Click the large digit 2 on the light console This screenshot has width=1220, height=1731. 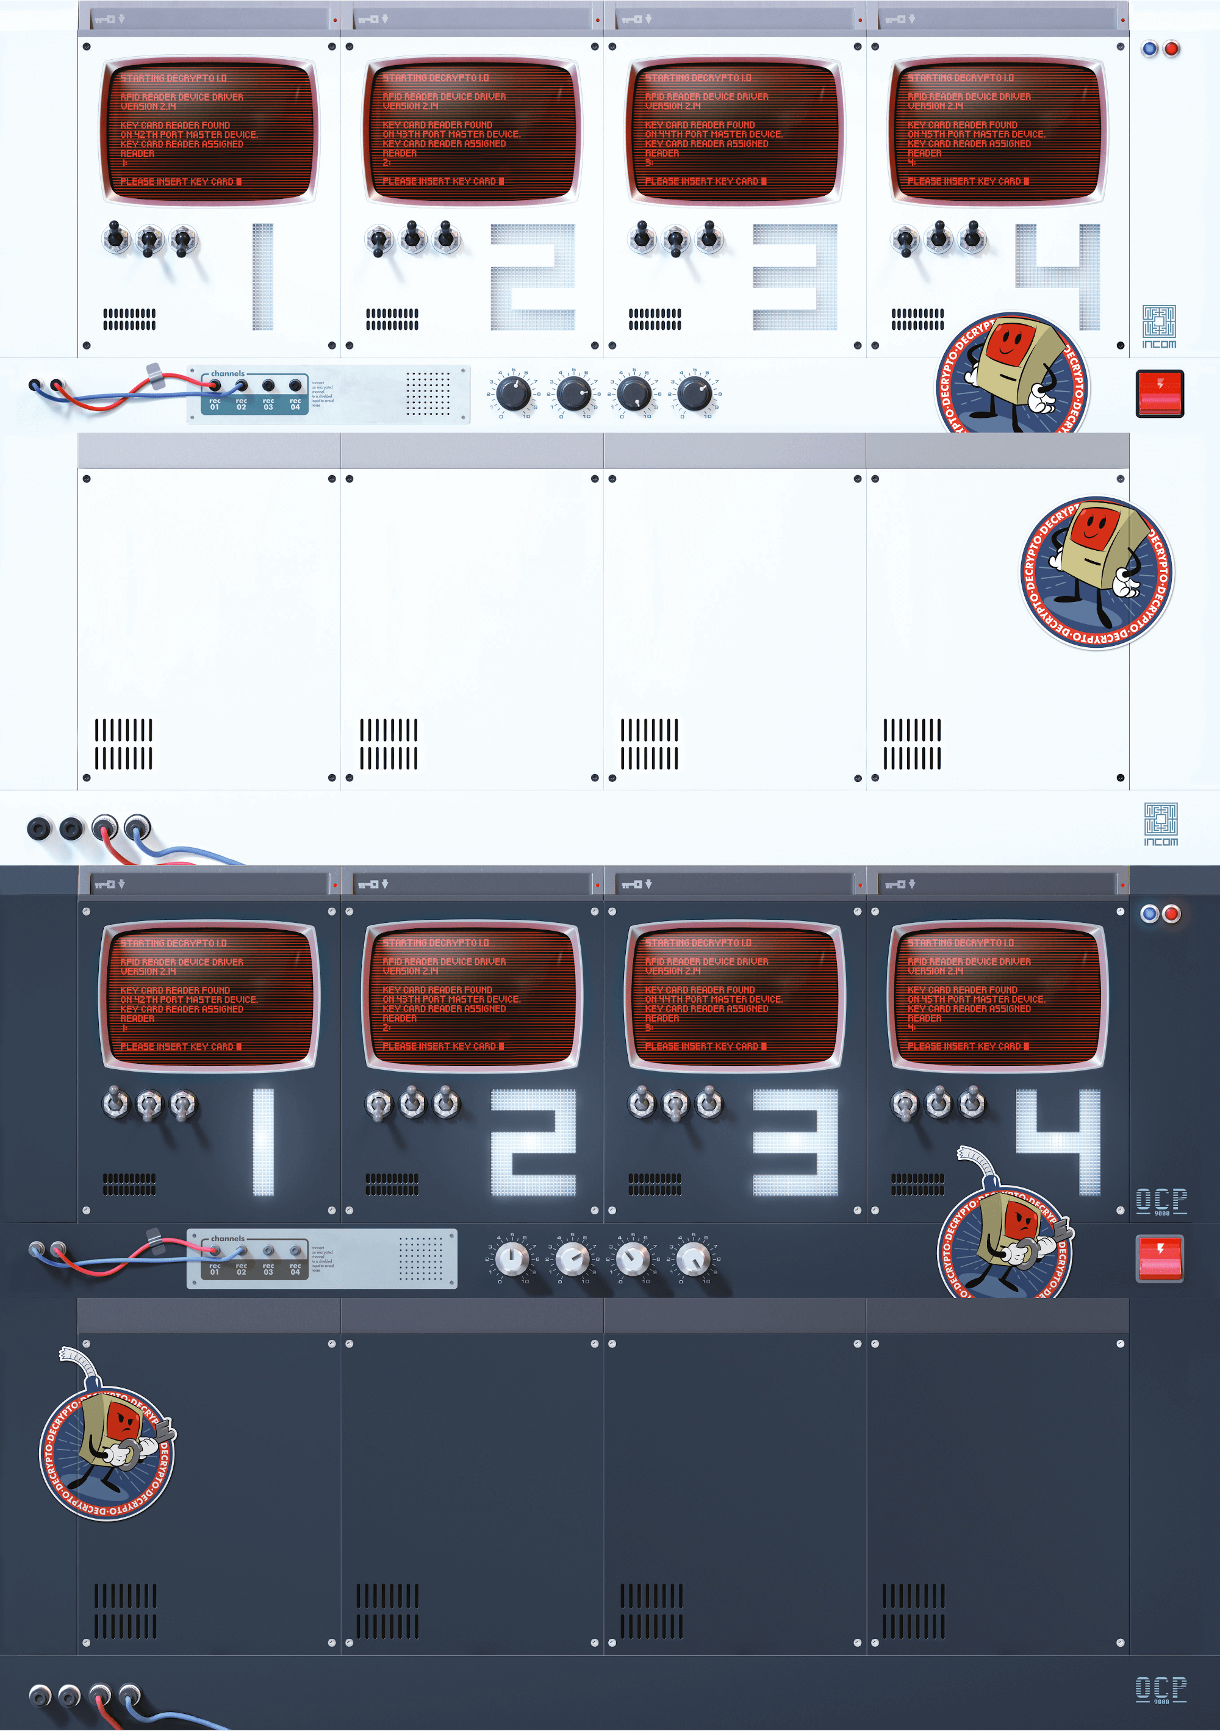pyautogui.click(x=533, y=276)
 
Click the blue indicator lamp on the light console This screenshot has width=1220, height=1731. pyautogui.click(x=1149, y=49)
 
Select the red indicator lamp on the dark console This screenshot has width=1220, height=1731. pyautogui.click(x=1171, y=914)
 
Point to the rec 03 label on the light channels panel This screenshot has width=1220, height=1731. pyautogui.click(x=268, y=404)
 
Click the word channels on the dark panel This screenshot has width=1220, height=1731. pyautogui.click(x=228, y=1238)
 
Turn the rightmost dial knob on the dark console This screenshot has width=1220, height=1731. pyautogui.click(x=693, y=1258)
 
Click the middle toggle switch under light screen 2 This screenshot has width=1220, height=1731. pyautogui.click(x=412, y=237)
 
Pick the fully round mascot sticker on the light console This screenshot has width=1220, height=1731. pyautogui.click(x=1096, y=573)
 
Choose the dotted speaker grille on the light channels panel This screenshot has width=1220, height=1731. pyautogui.click(x=428, y=392)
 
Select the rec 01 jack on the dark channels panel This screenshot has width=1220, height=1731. pyautogui.click(x=215, y=1251)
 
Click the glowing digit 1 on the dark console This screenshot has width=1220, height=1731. pyautogui.click(x=262, y=1141)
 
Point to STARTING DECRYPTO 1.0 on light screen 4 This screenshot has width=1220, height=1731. pyautogui.click(x=961, y=77)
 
